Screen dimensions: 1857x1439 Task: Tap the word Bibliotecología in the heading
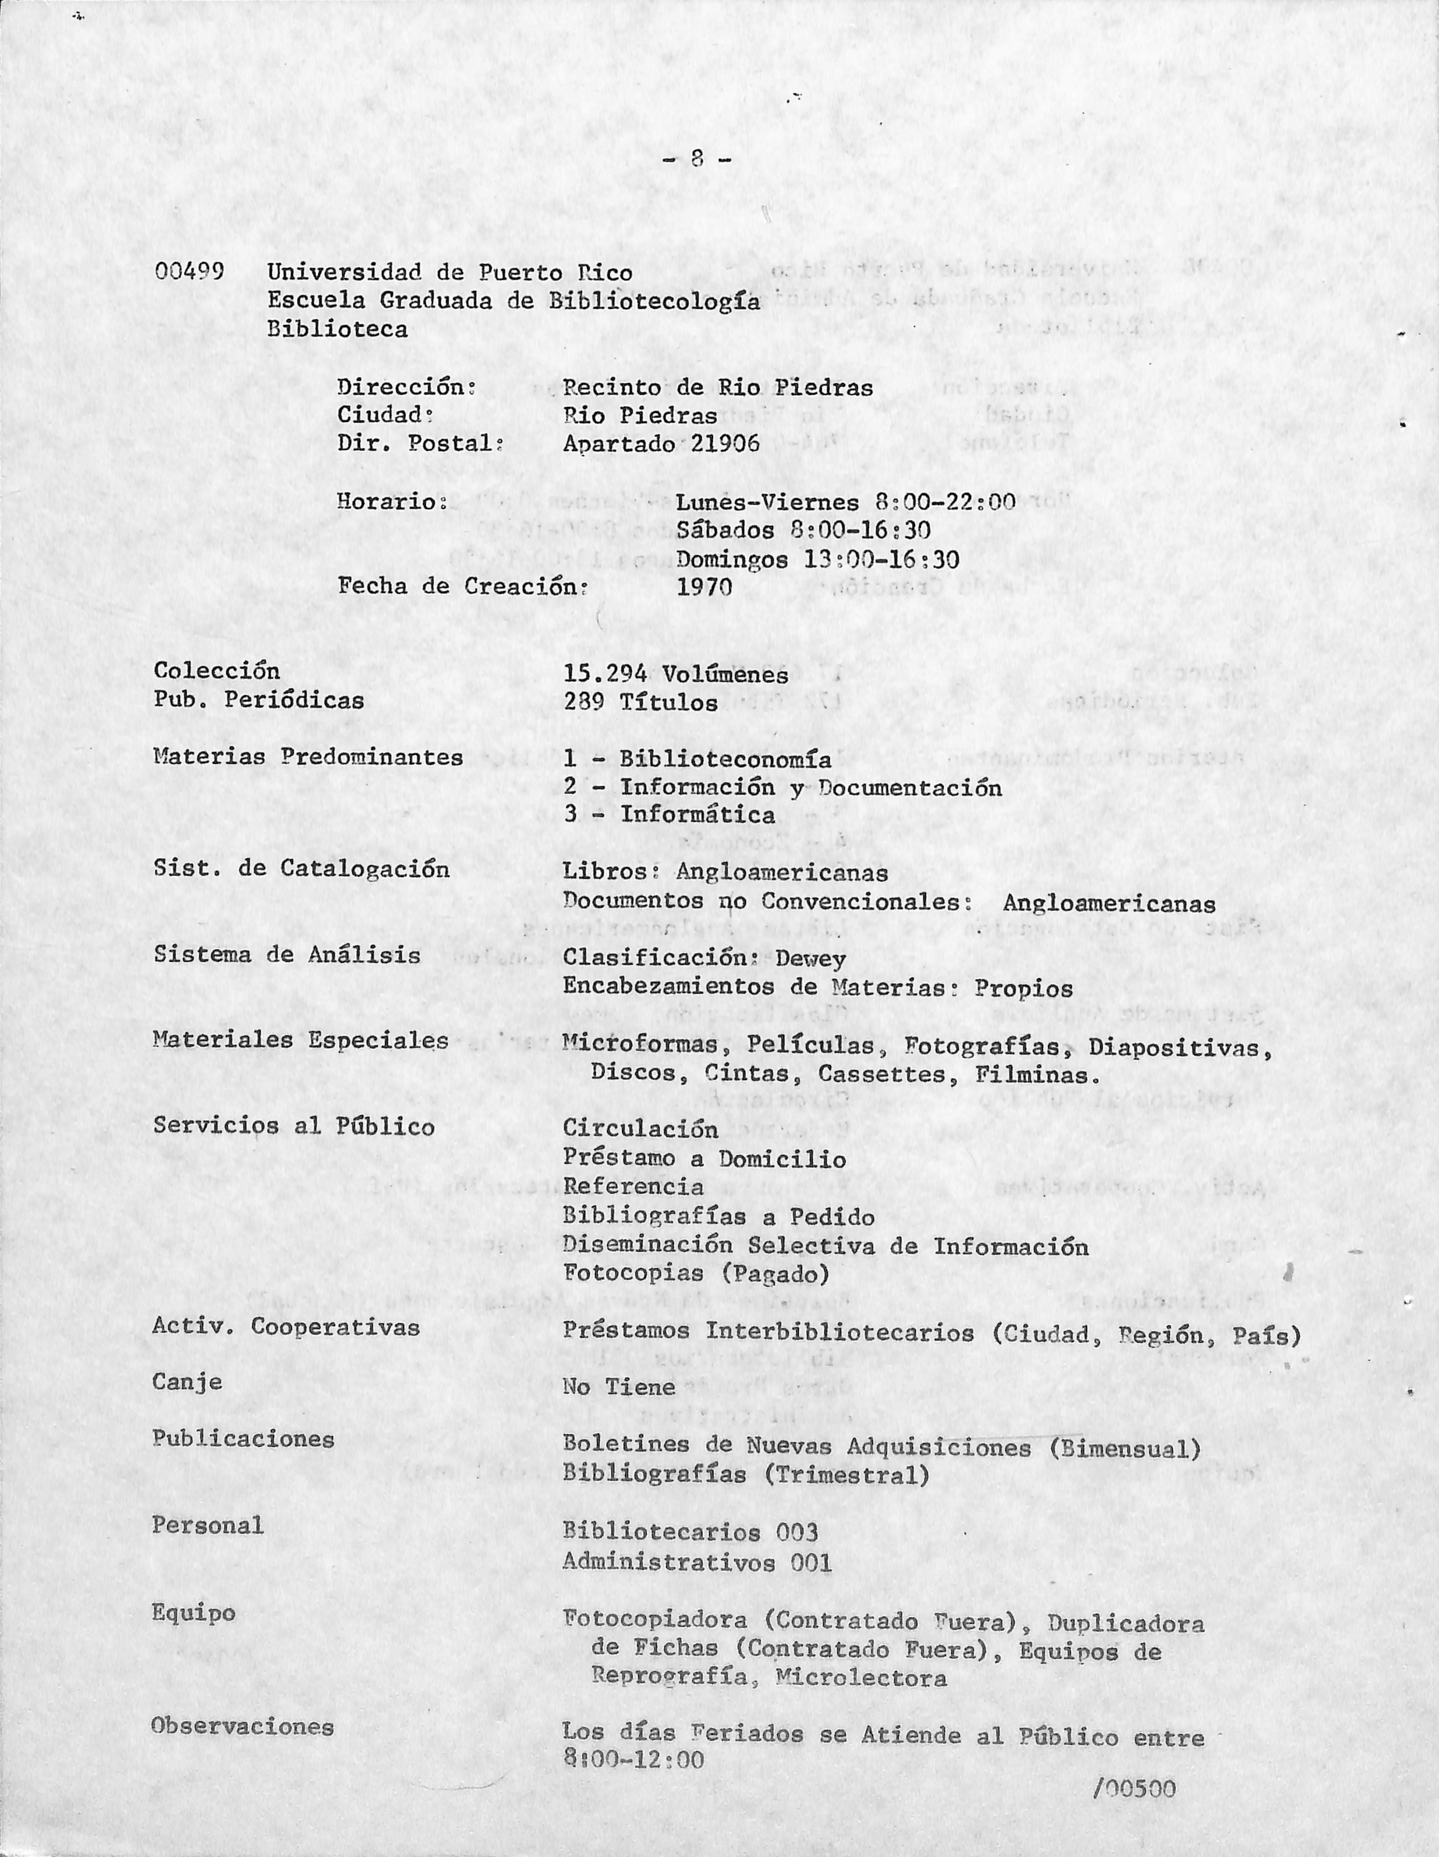coord(655,302)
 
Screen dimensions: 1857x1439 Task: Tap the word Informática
coord(697,814)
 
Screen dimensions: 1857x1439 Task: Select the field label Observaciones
coord(242,1726)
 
